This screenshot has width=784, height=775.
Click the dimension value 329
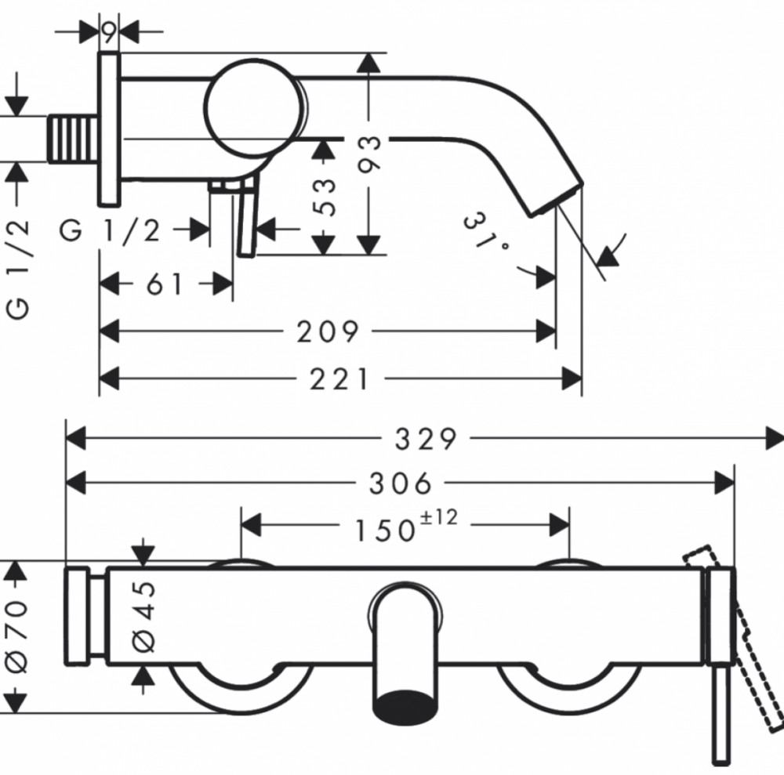click(x=426, y=439)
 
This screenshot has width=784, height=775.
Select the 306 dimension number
click(x=400, y=483)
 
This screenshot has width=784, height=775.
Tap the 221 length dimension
click(x=339, y=378)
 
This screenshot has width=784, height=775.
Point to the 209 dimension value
click(x=328, y=331)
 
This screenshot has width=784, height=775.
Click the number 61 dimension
click(x=165, y=284)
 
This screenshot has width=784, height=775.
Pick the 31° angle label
click(x=485, y=232)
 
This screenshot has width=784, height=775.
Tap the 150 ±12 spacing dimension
click(x=405, y=526)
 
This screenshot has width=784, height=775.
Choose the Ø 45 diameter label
click(x=144, y=617)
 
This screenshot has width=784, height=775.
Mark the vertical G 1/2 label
click(x=17, y=269)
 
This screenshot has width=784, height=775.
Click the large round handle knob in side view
click(x=255, y=107)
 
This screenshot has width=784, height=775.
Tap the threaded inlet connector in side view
click(x=73, y=139)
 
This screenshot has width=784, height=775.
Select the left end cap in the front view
click(x=77, y=617)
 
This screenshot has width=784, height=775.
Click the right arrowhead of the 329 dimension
click(x=775, y=439)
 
